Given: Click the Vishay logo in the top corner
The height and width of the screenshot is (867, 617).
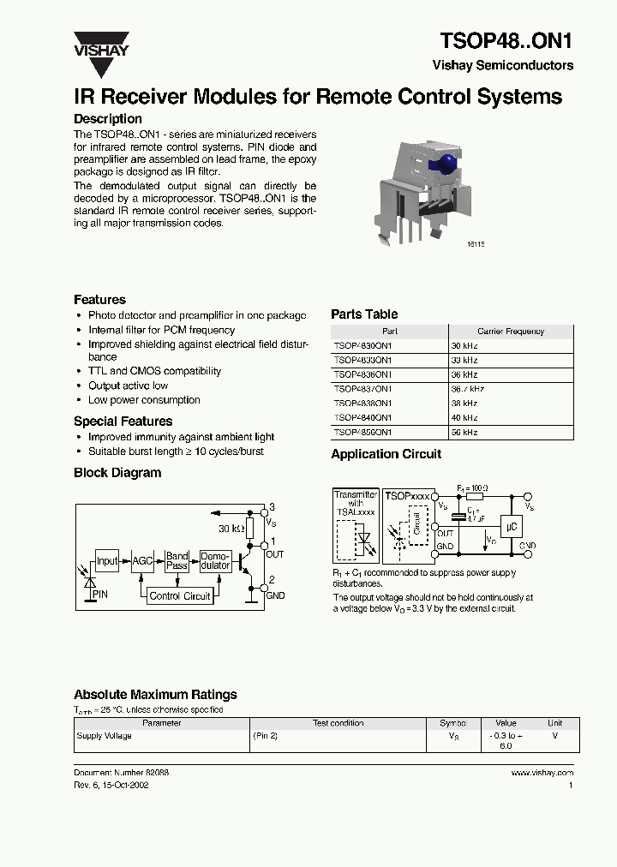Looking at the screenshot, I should [x=100, y=44].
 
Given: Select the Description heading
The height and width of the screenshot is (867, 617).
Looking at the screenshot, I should [x=108, y=119].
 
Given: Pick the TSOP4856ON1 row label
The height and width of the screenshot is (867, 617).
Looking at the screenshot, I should [x=362, y=433].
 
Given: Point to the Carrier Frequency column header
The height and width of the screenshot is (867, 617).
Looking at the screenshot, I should [x=511, y=331].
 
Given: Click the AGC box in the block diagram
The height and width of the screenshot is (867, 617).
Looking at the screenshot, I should [x=141, y=561].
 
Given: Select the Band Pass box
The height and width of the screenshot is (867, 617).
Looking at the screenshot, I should [x=177, y=561].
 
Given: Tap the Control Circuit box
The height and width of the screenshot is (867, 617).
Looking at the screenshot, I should [x=179, y=595].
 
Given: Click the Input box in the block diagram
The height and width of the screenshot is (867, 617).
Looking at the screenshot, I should [x=107, y=561].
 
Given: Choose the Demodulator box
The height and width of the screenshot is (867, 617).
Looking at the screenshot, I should [x=214, y=561].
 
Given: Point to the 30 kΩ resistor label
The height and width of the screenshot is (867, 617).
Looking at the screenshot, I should [x=231, y=528].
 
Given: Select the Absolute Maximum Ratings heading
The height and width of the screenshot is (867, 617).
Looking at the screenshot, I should [x=155, y=695].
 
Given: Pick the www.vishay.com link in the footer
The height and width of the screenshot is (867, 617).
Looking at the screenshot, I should [x=542, y=773].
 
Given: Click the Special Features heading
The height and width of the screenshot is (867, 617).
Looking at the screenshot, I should [x=123, y=422].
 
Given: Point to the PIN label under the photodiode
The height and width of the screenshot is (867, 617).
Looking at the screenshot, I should [x=100, y=593].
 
